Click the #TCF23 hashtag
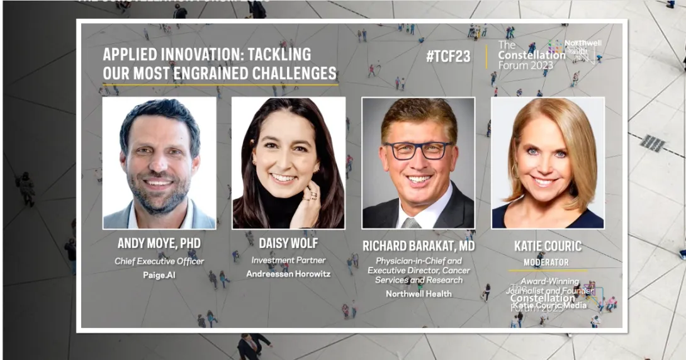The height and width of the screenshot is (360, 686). click(448, 56)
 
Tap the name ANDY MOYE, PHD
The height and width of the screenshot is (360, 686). click(159, 244)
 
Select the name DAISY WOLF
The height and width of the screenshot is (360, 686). click(288, 244)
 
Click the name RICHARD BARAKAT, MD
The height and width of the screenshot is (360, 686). click(419, 245)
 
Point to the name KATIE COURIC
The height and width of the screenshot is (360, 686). click(548, 246)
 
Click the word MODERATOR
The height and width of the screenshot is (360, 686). click(546, 262)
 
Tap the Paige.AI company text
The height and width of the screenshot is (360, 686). click(159, 275)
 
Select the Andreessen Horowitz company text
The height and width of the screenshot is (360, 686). click(288, 274)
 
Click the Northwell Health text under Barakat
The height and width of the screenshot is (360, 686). click(419, 294)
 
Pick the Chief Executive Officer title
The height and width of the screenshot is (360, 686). click(159, 261)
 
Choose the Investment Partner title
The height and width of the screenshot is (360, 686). click(288, 260)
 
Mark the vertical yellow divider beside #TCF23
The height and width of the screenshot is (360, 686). click(486, 56)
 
